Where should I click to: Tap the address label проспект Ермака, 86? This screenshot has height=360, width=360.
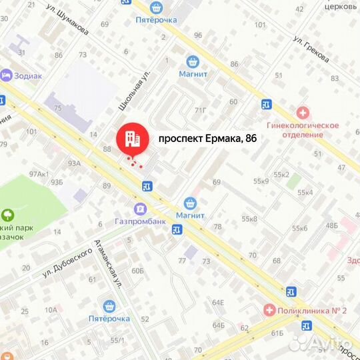(x=207, y=139)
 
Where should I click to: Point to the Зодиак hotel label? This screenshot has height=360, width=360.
(x=26, y=76)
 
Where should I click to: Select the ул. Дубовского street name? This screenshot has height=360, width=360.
(x=66, y=264)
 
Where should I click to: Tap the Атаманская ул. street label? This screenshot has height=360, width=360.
(x=108, y=263)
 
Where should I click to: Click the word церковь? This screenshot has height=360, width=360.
(x=338, y=6)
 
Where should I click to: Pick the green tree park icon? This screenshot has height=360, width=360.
(x=7, y=215)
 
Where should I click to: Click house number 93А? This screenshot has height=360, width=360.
(x=73, y=163)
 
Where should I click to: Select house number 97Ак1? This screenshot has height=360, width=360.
(x=39, y=174)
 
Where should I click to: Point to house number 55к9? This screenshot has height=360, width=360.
(x=261, y=181)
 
